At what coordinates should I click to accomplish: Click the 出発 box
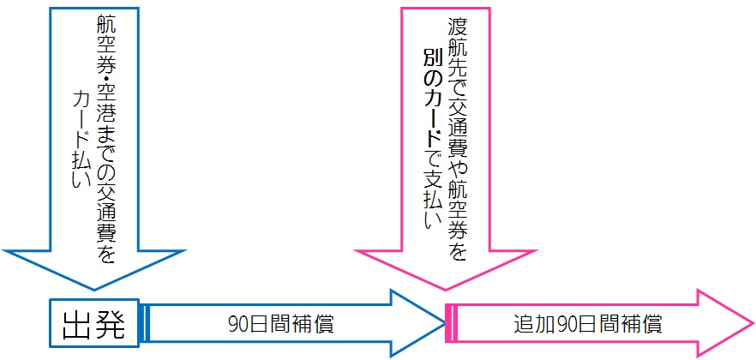click(x=94, y=325)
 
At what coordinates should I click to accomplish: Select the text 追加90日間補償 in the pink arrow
click(x=588, y=325)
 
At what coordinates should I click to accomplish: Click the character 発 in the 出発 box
click(x=111, y=325)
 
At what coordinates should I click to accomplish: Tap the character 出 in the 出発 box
click(x=78, y=325)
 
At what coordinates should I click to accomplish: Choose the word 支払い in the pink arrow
click(x=430, y=197)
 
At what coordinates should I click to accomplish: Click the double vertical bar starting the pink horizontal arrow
click(x=451, y=325)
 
